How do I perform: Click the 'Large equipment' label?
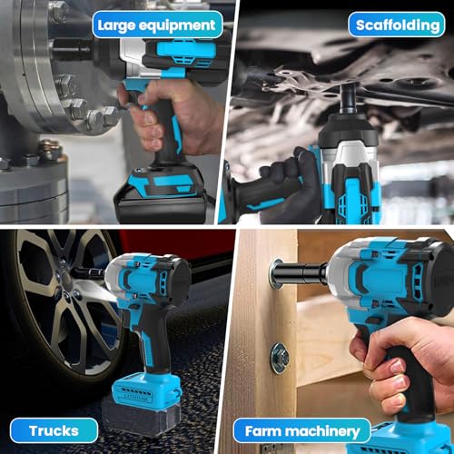pos(157,25)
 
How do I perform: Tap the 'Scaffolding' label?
pos(397,25)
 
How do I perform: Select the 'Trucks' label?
pos(54,430)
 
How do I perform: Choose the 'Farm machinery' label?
pos(301,431)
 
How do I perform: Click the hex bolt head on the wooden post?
pos(280,358)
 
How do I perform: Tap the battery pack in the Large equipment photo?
pos(162,193)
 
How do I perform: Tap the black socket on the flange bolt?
pos(73,48)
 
